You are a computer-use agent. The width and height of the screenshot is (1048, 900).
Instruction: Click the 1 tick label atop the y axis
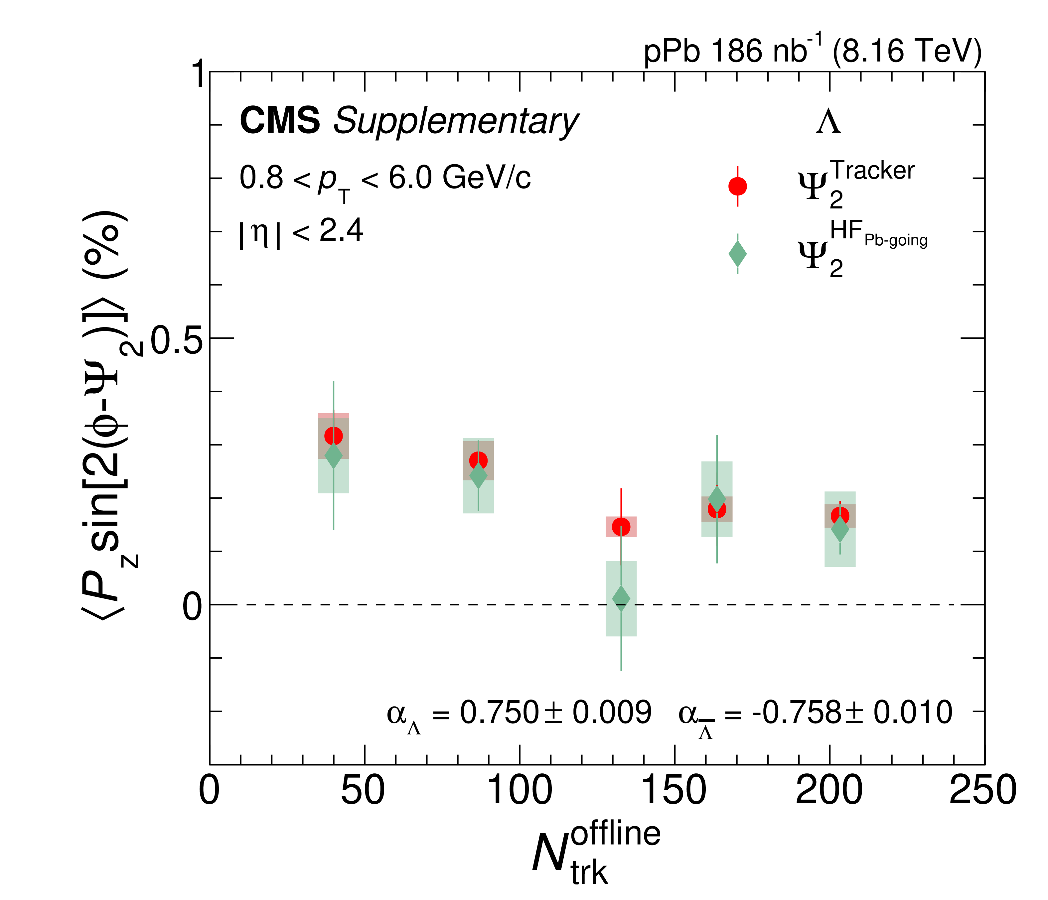click(x=200, y=74)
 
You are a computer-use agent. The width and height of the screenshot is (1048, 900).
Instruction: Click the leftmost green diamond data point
click(x=333, y=455)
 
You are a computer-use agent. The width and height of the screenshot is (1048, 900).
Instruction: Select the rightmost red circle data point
click(x=840, y=515)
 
